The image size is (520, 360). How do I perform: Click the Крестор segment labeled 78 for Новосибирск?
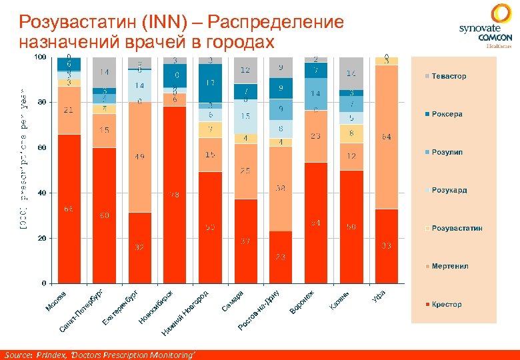click(175, 194)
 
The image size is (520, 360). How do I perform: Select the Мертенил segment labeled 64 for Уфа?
click(386, 137)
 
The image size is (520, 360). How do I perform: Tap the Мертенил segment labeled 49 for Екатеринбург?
click(139, 157)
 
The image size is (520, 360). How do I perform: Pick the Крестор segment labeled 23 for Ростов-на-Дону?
click(281, 257)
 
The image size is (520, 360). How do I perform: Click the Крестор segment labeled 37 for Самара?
click(245, 241)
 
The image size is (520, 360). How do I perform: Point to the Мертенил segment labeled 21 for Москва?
click(69, 110)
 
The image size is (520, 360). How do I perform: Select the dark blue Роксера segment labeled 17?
click(210, 83)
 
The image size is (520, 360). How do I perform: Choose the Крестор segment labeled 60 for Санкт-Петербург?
click(104, 215)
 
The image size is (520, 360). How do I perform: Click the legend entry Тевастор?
click(448, 76)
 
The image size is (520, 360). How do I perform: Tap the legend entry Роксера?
click(447, 114)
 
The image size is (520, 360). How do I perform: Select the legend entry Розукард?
click(449, 190)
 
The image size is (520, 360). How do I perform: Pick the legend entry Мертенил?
click(449, 266)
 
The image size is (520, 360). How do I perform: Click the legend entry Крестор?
click(446, 304)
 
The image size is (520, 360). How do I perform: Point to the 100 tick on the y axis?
click(40, 57)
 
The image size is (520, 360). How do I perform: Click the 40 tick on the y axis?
click(41, 193)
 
